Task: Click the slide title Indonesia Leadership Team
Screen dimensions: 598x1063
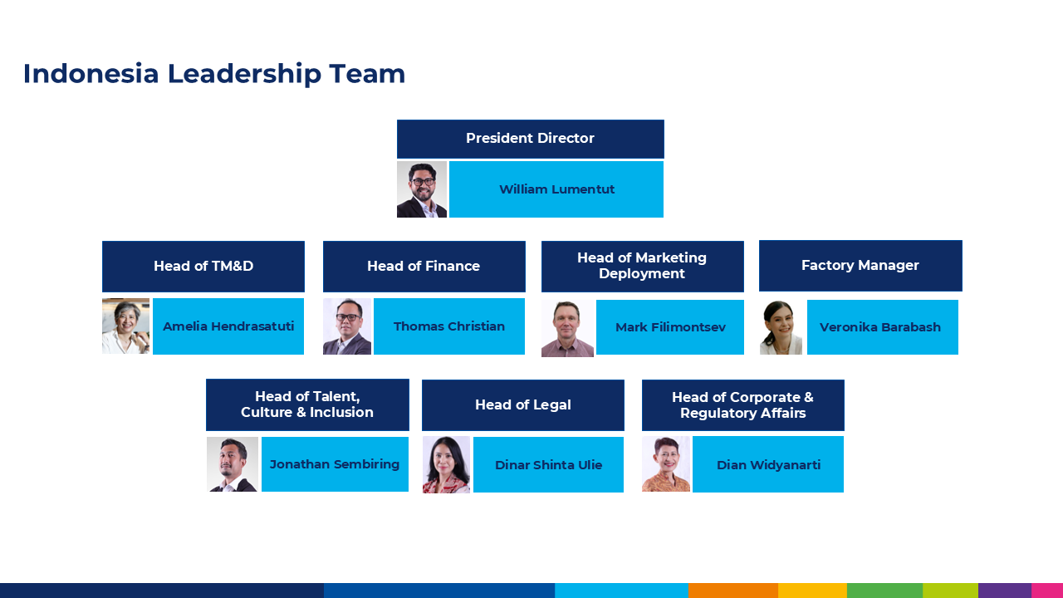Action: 214,74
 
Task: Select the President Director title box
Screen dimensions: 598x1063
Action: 530,139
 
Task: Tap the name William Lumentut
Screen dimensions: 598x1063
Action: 556,189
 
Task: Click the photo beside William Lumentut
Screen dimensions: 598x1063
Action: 422,189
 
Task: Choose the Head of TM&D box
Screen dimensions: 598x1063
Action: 203,267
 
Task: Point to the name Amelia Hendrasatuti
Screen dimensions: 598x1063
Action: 228,326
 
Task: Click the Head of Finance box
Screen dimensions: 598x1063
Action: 424,267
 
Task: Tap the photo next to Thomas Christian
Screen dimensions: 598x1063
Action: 347,326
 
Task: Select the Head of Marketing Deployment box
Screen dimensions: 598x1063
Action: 642,267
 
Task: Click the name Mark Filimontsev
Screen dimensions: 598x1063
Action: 670,327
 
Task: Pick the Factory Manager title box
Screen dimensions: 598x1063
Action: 860,266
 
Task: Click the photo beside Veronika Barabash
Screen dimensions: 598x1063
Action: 781,327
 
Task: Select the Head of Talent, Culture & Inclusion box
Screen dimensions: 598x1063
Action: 307,405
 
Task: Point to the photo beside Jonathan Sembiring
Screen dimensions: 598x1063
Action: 233,464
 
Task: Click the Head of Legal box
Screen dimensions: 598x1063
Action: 523,405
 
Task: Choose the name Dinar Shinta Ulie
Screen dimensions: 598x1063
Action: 548,465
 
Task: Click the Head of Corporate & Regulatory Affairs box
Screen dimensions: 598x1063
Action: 742,405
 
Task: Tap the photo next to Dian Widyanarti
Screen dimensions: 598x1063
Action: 666,464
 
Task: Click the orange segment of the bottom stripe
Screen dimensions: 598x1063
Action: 732,591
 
